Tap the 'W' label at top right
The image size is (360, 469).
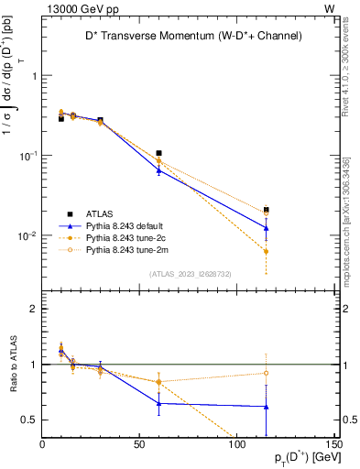click(x=329, y=8)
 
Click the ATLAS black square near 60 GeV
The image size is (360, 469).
click(x=158, y=153)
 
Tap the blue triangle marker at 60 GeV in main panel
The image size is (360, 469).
click(x=158, y=169)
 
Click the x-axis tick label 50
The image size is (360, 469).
click(x=139, y=443)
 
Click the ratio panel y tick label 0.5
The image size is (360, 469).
click(x=31, y=420)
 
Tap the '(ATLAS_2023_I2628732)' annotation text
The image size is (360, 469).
click(x=189, y=273)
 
